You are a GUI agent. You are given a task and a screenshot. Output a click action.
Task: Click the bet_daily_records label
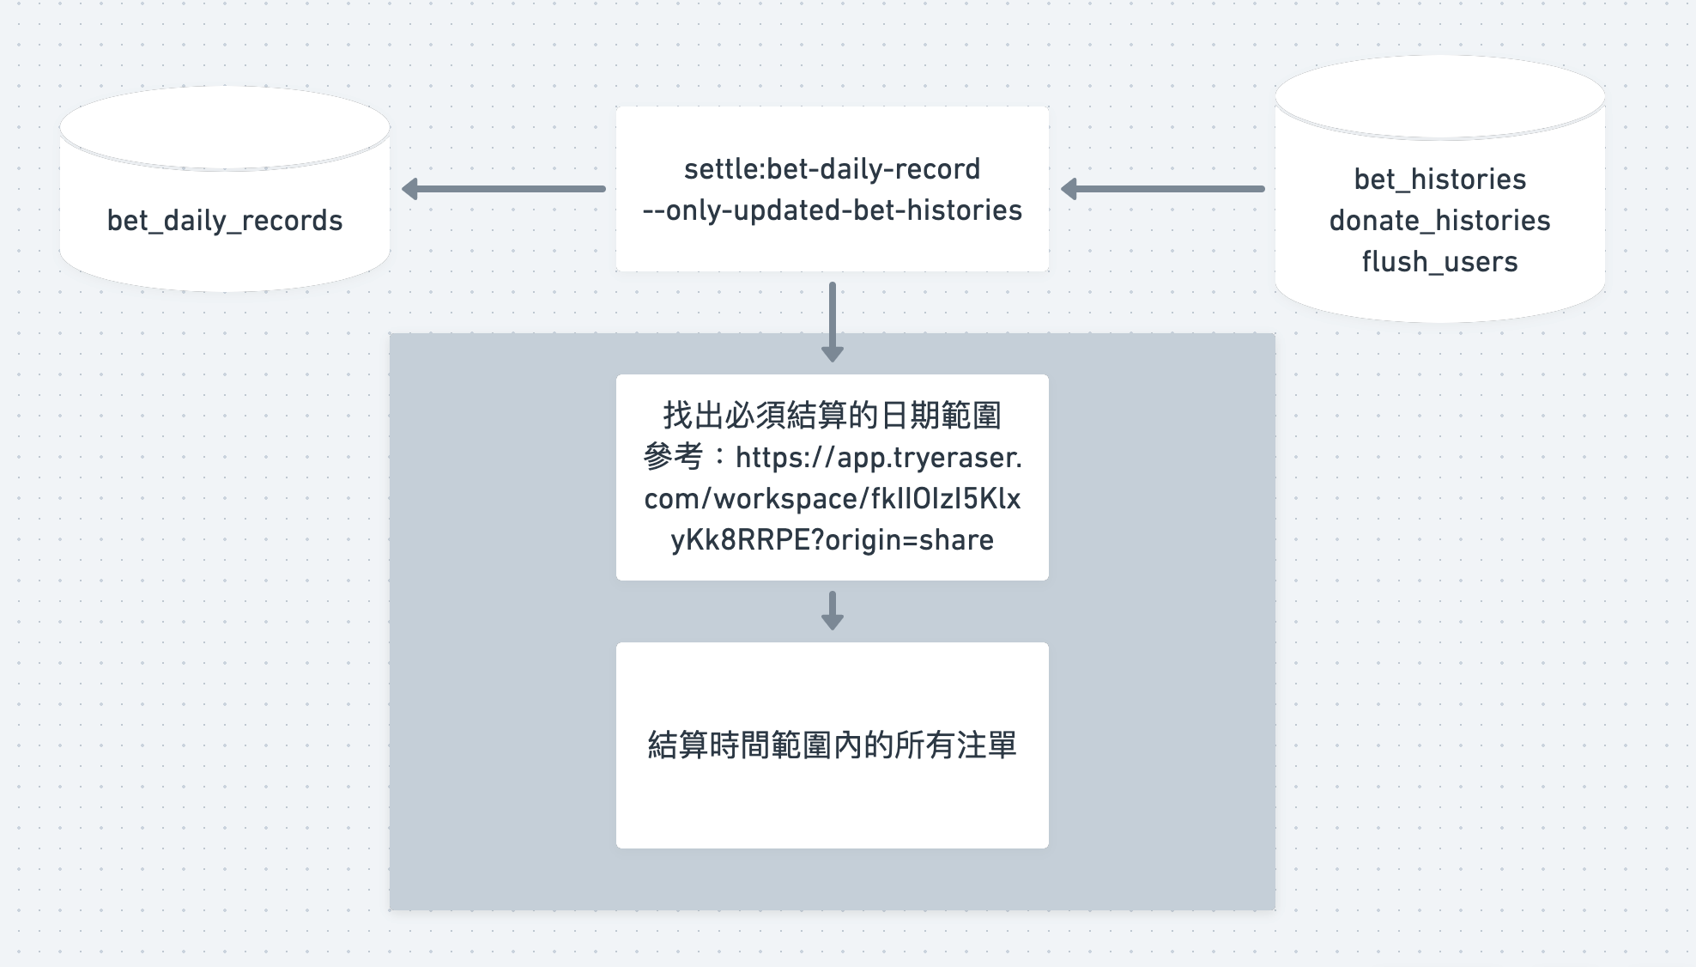pyautogui.click(x=224, y=221)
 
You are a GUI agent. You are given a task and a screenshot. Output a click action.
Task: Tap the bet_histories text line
pyautogui.click(x=1439, y=179)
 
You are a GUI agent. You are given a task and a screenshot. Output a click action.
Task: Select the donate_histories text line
pyautogui.click(x=1439, y=221)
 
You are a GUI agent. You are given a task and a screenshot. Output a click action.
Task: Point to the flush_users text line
pyautogui.click(x=1439, y=262)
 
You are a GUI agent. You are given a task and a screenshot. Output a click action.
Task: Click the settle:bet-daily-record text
pyautogui.click(x=832, y=169)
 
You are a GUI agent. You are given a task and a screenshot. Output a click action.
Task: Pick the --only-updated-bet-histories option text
pyautogui.click(x=832, y=210)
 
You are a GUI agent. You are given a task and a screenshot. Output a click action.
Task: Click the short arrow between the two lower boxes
pyautogui.click(x=832, y=610)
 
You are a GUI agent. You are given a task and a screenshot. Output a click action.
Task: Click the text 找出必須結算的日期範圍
pyautogui.click(x=832, y=416)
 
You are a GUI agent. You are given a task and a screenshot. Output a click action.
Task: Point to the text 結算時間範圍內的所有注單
pyautogui.click(x=832, y=745)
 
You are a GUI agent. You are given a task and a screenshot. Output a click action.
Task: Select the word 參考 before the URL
pyautogui.click(x=673, y=457)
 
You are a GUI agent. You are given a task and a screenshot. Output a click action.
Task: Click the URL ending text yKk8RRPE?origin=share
pyautogui.click(x=832, y=540)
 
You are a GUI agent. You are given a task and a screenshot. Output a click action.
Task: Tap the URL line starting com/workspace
pyautogui.click(x=832, y=499)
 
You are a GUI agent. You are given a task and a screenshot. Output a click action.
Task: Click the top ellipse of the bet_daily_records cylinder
pyautogui.click(x=224, y=127)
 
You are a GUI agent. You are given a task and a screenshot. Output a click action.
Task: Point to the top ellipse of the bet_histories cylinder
pyautogui.click(x=1439, y=96)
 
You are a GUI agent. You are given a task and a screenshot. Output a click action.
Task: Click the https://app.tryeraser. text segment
pyautogui.click(x=878, y=458)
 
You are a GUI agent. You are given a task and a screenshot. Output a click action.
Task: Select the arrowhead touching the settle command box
pyautogui.click(x=1069, y=189)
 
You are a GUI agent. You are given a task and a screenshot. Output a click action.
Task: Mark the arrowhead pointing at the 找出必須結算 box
pyautogui.click(x=832, y=353)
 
